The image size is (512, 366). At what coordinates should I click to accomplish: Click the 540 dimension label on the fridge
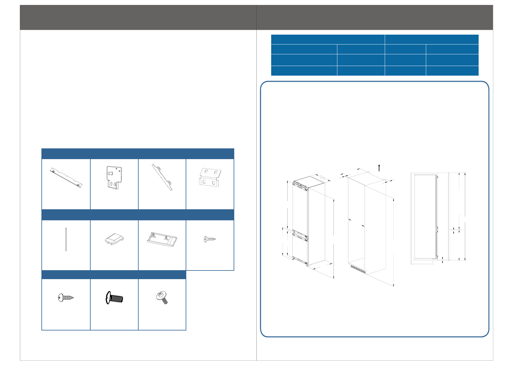tap(322, 178)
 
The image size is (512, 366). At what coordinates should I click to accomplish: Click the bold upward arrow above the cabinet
tap(379, 168)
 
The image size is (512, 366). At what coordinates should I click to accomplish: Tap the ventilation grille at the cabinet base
tap(358, 269)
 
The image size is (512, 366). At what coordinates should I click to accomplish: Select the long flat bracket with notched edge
tap(66, 177)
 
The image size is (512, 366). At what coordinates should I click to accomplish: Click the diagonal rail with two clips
tap(162, 177)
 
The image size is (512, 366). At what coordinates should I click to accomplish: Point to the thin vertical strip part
tap(66, 240)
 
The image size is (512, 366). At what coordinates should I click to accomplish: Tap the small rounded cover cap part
tap(114, 239)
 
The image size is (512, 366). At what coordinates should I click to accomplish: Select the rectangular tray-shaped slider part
tap(162, 240)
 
